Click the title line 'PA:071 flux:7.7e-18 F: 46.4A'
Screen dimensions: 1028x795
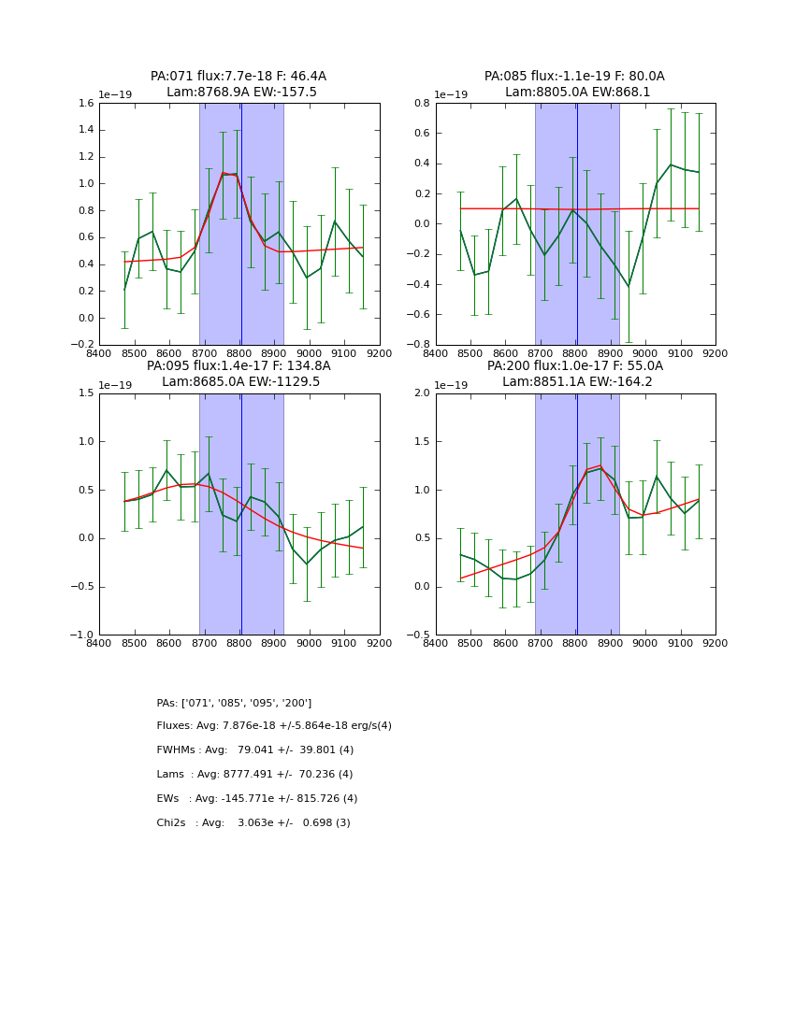(238, 77)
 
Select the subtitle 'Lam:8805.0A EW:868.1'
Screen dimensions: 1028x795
(574, 93)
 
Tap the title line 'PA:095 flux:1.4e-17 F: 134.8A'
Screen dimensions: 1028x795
(238, 366)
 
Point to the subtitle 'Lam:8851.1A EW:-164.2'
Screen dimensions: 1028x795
(574, 382)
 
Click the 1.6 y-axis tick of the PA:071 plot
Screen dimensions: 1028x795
(85, 104)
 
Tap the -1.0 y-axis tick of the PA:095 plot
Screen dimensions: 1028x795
(83, 635)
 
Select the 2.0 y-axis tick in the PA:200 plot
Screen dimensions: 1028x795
(421, 393)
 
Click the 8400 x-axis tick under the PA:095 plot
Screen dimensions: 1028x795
(99, 644)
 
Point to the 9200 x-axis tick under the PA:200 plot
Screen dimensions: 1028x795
(715, 644)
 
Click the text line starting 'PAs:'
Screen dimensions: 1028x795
(234, 703)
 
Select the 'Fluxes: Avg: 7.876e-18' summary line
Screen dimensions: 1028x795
(274, 726)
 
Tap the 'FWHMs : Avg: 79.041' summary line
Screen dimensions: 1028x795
(255, 750)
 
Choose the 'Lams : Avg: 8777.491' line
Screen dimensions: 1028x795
(254, 775)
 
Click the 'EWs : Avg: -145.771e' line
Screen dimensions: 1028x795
(257, 799)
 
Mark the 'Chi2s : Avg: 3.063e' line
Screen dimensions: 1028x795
(253, 823)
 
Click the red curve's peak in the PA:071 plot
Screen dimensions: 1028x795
(224, 173)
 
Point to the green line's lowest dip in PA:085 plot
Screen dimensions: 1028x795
(629, 286)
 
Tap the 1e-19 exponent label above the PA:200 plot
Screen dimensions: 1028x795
(453, 385)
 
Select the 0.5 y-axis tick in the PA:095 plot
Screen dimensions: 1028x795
(86, 491)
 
